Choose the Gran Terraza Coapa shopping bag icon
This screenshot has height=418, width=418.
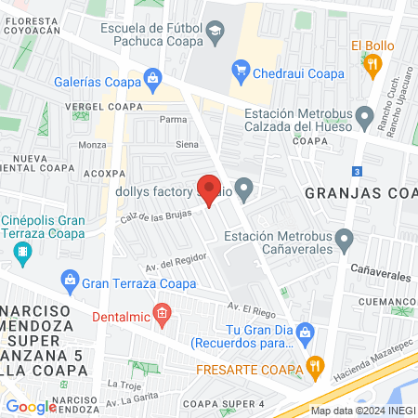click(x=70, y=279)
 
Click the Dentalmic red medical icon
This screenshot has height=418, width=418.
click(x=163, y=314)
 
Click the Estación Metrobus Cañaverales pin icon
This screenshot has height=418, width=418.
click(x=345, y=242)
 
